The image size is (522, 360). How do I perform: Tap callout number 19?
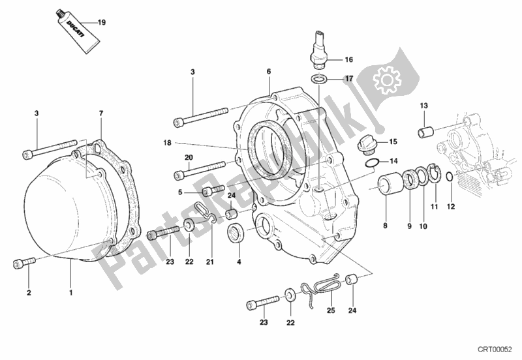[x=101, y=23]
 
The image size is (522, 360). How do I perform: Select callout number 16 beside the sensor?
[x=349, y=58]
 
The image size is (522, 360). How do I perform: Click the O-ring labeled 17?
[x=320, y=79]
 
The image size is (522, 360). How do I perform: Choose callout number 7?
[x=101, y=114]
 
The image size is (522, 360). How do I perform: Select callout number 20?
[x=189, y=157]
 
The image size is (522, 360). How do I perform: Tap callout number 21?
[x=210, y=262]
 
